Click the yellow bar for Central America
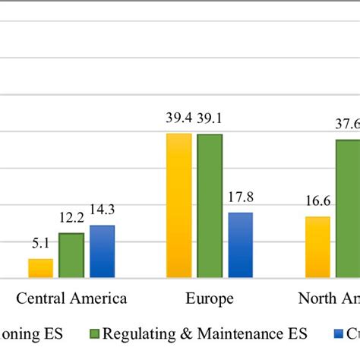click(41, 268)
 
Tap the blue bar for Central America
click(102, 251)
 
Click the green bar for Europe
click(210, 206)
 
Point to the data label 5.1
click(40, 244)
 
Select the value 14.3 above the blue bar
click(103, 210)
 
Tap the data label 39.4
click(179, 119)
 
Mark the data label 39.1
click(210, 119)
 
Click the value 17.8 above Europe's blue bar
click(240, 197)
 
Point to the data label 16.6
click(317, 202)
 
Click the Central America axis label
click(71, 298)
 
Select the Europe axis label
click(210, 298)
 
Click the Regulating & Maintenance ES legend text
click(205, 333)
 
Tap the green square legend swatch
click(95, 333)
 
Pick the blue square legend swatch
click(339, 333)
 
